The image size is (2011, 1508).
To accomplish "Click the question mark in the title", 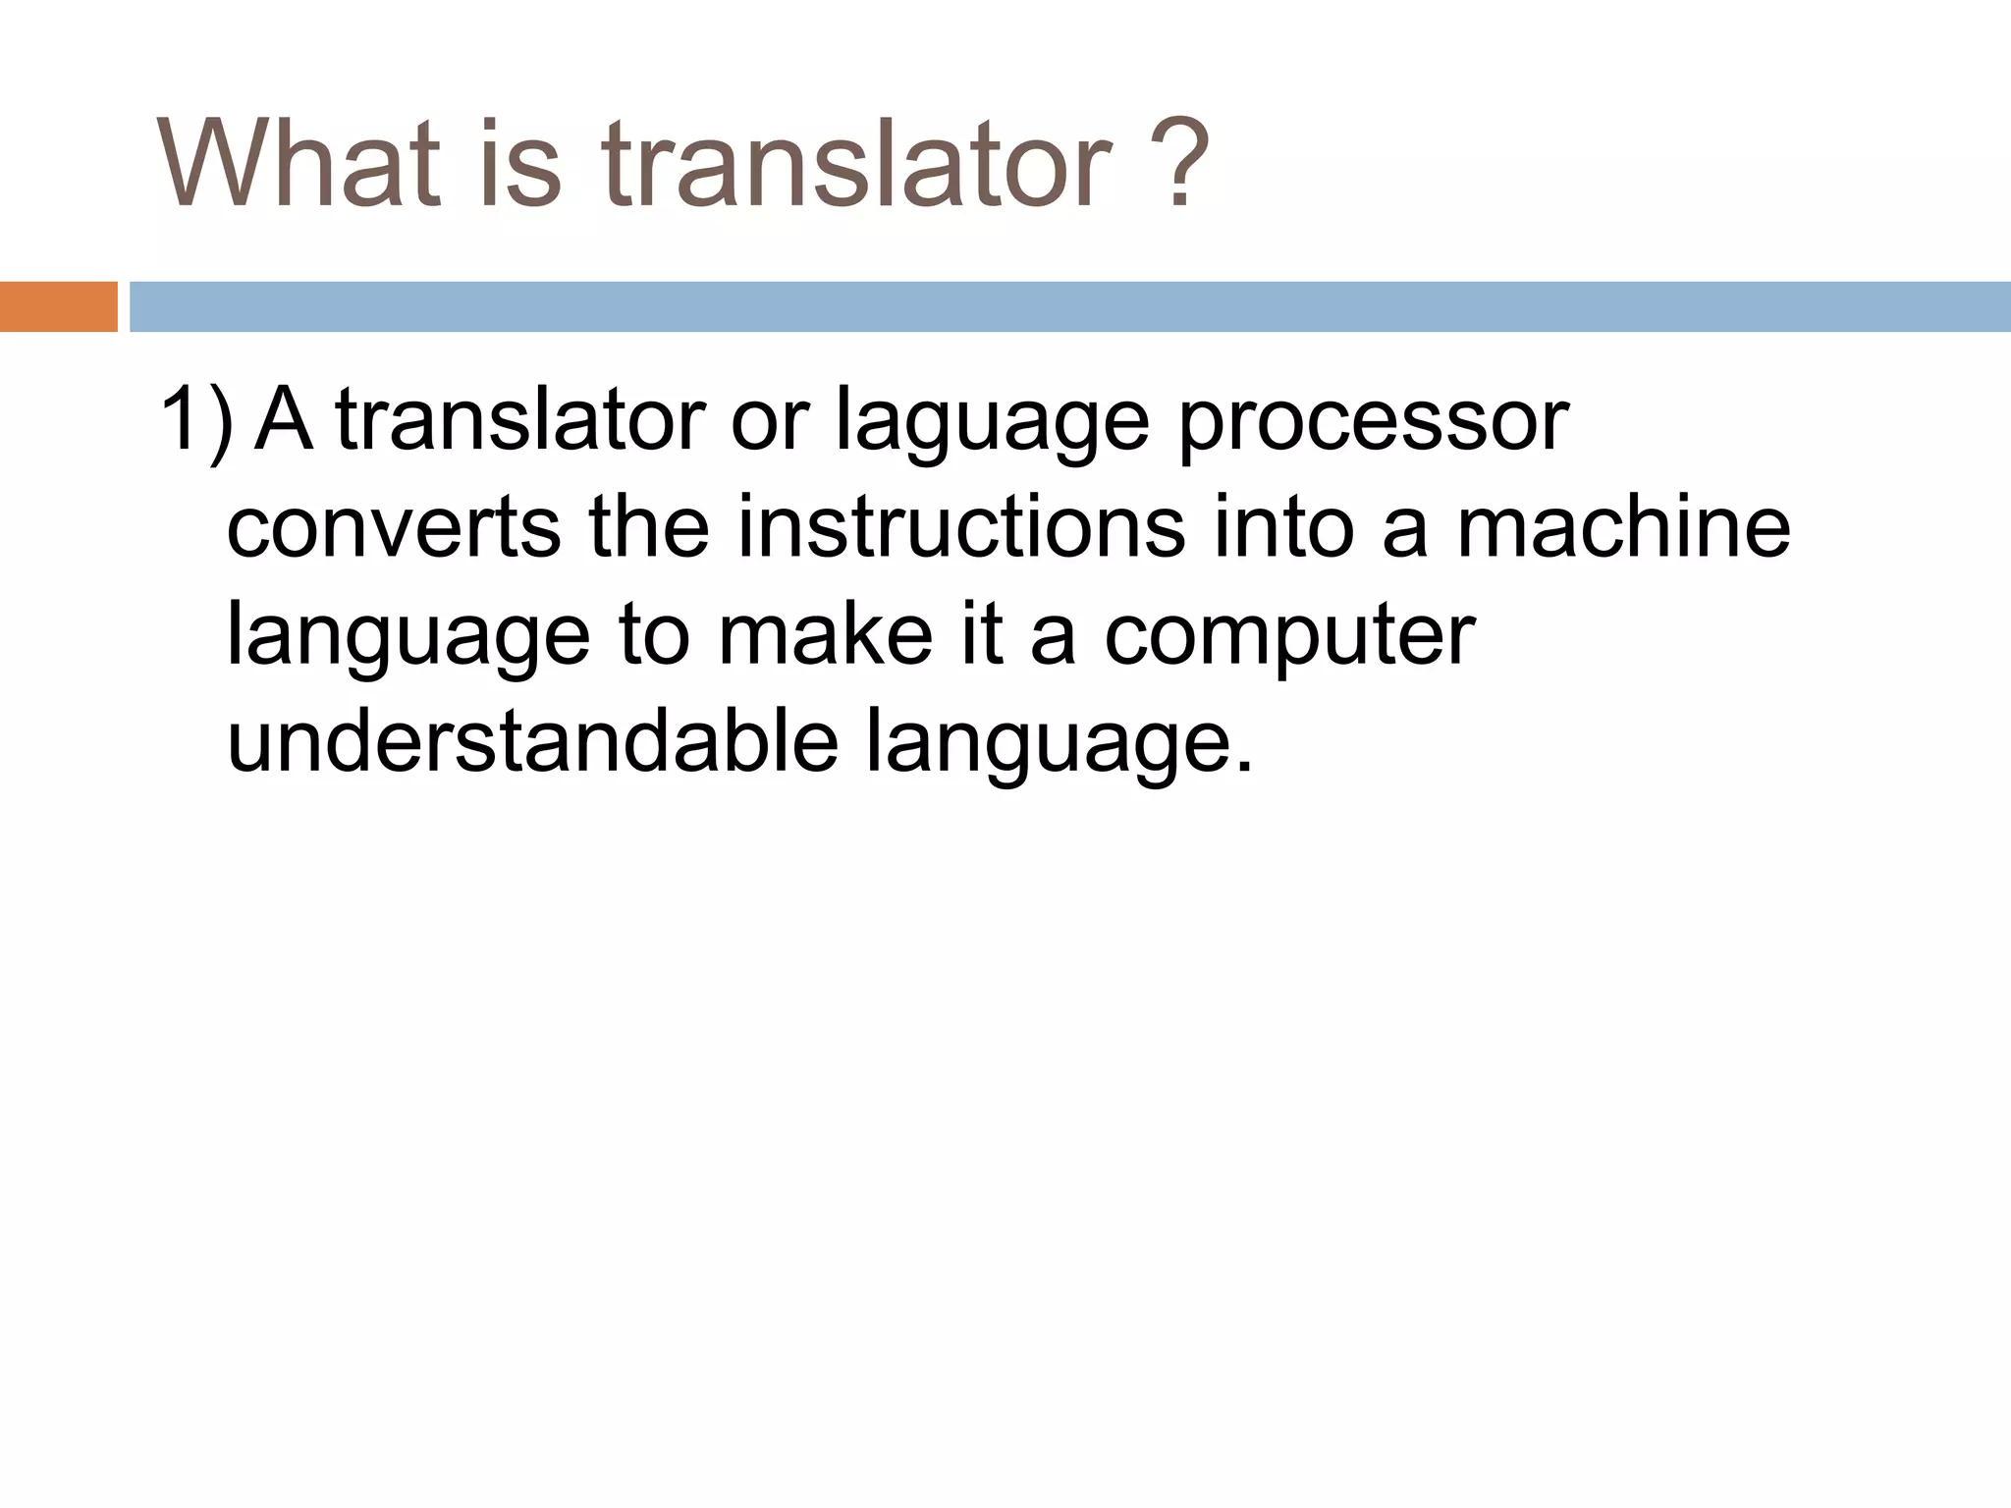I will [x=1176, y=164].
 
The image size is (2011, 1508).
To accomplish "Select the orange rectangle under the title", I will [x=58, y=306].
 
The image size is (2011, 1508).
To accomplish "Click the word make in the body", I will [x=825, y=635].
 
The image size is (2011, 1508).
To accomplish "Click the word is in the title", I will [x=520, y=164].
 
